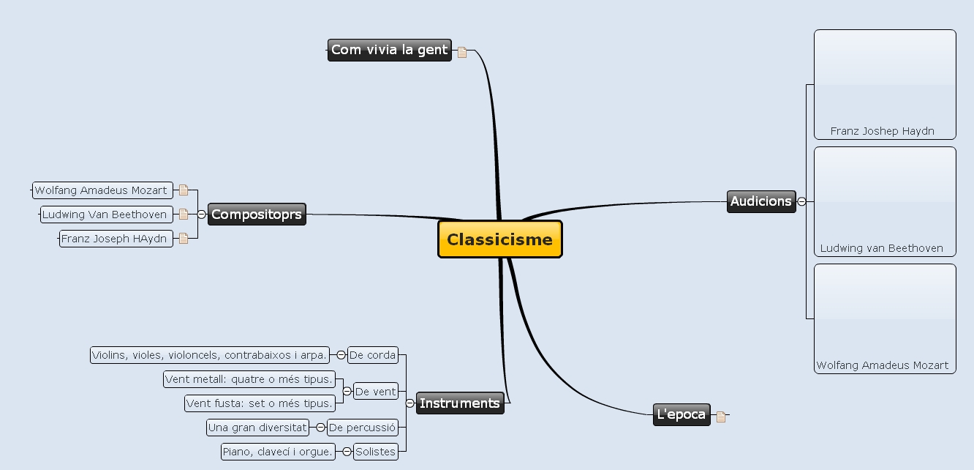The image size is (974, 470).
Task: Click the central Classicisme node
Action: [500, 239]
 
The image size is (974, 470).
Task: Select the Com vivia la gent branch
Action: [389, 50]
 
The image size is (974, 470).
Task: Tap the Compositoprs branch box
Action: [257, 215]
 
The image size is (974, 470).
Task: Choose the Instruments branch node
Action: [460, 403]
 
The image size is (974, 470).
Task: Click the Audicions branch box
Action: [761, 201]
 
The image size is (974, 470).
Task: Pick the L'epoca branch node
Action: [682, 414]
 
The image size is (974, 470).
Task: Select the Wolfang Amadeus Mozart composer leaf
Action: [102, 190]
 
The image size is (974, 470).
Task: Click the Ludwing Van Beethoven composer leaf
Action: [105, 215]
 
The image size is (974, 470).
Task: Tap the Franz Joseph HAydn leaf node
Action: [116, 239]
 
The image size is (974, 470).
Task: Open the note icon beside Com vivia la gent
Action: [462, 52]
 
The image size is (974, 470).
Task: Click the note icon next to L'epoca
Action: [721, 417]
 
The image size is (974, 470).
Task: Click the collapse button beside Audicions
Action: [802, 201]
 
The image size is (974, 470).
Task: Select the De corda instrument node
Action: [373, 355]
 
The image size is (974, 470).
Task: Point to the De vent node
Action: [376, 392]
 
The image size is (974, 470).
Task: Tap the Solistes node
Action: [376, 452]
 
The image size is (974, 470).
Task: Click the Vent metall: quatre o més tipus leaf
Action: [249, 379]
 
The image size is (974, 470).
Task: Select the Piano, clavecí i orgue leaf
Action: [278, 452]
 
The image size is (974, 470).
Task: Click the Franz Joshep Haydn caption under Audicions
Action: [883, 132]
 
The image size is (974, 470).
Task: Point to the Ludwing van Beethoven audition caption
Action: [882, 248]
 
